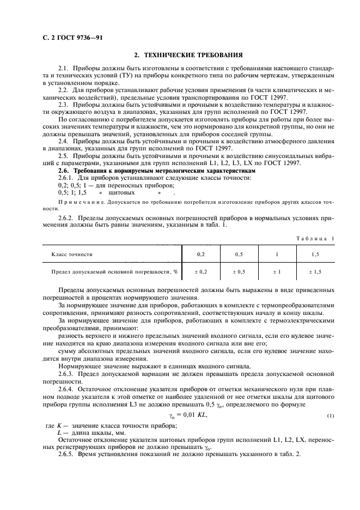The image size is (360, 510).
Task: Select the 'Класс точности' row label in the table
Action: pos(72,254)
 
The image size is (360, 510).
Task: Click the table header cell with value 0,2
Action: pos(201,254)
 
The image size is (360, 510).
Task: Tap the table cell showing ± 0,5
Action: pos(239,271)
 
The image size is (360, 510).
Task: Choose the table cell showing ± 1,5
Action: pos(315,271)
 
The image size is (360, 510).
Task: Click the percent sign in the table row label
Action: pos(176,271)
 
